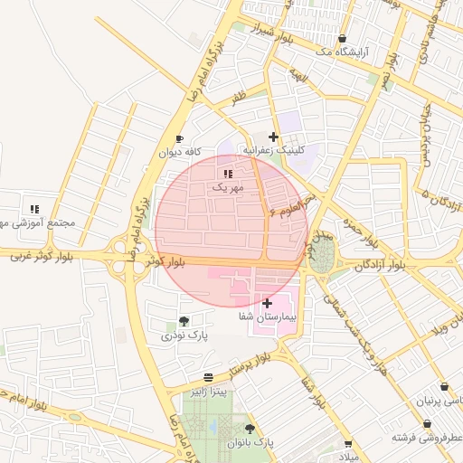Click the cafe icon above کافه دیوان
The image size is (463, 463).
pyautogui.click(x=179, y=138)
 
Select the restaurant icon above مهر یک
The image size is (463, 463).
pyautogui.click(x=227, y=173)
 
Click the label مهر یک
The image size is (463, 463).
pyautogui.click(x=228, y=187)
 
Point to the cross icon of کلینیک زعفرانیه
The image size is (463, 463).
pyautogui.click(x=273, y=137)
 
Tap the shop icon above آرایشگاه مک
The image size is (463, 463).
pyautogui.click(x=342, y=38)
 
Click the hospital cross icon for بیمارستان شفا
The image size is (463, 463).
pyautogui.click(x=267, y=303)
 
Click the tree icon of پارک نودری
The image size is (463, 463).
pyautogui.click(x=184, y=320)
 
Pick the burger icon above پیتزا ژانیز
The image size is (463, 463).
pyautogui.click(x=209, y=376)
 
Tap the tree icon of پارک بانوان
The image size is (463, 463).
pyautogui.click(x=250, y=429)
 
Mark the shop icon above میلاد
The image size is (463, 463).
pyautogui.click(x=348, y=444)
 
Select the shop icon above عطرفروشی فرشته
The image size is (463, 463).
pyautogui.click(x=427, y=423)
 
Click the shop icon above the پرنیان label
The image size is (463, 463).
pyautogui.click(x=444, y=386)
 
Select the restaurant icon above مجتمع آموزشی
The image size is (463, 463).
pyautogui.click(x=34, y=209)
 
